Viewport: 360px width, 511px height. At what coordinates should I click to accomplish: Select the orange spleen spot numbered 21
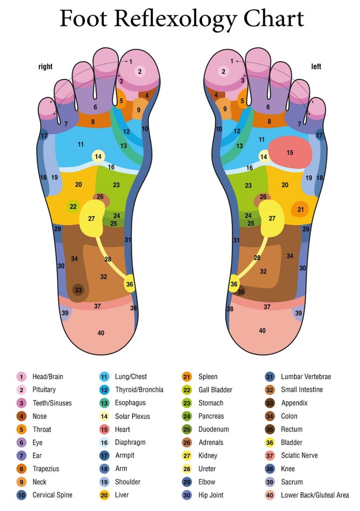300,209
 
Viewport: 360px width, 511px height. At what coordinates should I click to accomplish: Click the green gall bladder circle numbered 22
73,206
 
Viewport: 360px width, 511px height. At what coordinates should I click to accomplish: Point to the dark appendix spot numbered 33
78,289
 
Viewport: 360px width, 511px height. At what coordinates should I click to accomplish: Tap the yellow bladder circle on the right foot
130,284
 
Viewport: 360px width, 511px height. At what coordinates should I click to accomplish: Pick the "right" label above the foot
45,66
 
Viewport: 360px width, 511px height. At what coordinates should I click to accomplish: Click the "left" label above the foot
316,66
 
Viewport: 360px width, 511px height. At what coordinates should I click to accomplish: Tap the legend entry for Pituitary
44,390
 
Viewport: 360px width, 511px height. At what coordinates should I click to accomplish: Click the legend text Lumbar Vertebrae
306,377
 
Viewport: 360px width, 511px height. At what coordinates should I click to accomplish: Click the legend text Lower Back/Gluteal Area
315,495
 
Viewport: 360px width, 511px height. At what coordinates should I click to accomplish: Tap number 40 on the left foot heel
262,330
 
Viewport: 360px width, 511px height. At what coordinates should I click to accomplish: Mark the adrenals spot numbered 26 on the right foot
100,197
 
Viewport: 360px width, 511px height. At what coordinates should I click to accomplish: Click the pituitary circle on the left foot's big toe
223,71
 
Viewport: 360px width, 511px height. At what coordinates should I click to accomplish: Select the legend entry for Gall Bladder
215,390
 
